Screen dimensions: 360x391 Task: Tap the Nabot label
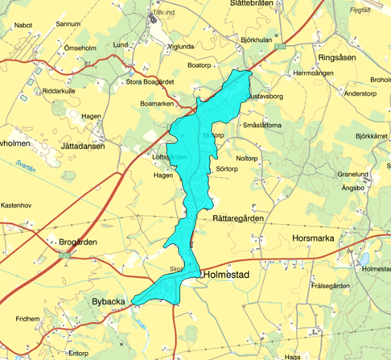22,25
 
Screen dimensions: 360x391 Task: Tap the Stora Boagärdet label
150,81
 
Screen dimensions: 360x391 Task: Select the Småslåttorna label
261,126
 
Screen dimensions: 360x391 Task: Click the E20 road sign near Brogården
65,255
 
